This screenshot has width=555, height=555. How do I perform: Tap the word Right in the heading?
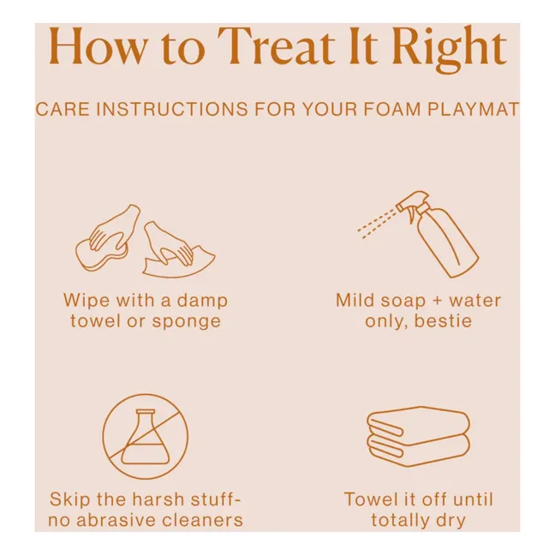pyautogui.click(x=450, y=49)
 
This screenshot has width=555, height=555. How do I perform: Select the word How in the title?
pyautogui.click(x=98, y=46)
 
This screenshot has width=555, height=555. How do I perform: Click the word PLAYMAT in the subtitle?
pyautogui.click(x=474, y=109)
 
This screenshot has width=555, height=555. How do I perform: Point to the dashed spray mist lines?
pyautogui.click(x=377, y=224)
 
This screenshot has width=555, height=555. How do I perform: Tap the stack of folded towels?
pyautogui.click(x=418, y=436)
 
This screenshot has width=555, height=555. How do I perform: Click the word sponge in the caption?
pyautogui.click(x=187, y=322)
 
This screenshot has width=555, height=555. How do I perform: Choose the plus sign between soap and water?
pyautogui.click(x=438, y=301)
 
